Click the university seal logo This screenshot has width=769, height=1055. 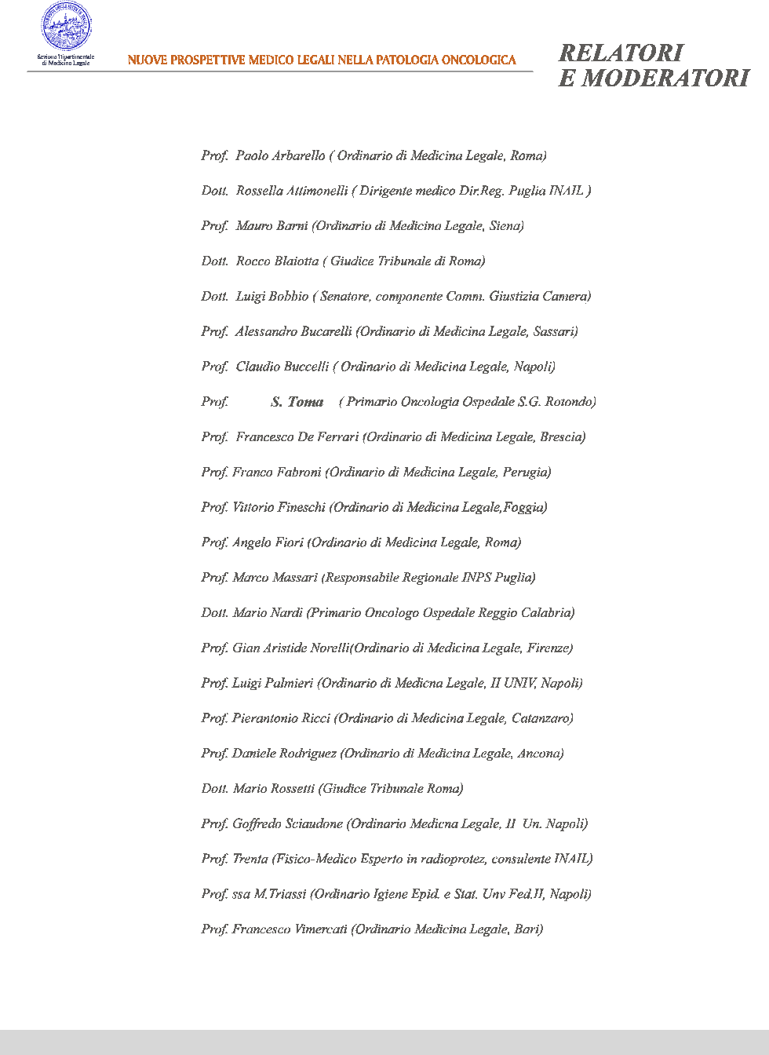click(x=66, y=27)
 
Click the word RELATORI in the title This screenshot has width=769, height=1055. click(x=621, y=53)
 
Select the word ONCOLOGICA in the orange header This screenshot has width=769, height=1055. click(x=479, y=60)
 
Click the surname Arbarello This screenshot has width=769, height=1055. click(x=298, y=155)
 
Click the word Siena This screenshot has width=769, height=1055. click(x=505, y=226)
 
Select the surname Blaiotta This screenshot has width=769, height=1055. click(x=297, y=261)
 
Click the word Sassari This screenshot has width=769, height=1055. click(x=555, y=331)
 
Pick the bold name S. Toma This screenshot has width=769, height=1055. click(x=297, y=402)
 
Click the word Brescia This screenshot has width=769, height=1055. click(x=562, y=437)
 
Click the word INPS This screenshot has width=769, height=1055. click(x=476, y=578)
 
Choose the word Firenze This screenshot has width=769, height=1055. click(x=549, y=648)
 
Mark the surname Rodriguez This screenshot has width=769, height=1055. click(x=308, y=754)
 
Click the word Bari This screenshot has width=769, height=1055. click(x=528, y=929)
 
